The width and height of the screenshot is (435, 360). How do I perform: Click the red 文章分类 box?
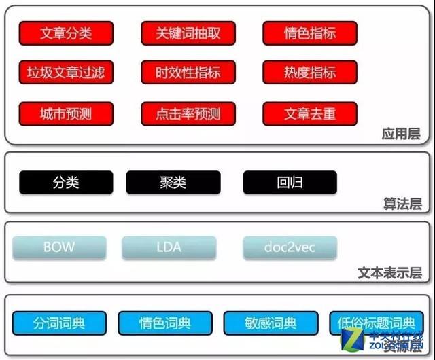(66, 33)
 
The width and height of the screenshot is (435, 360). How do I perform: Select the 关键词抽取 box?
(188, 33)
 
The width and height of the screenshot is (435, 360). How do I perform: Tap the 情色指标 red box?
(310, 33)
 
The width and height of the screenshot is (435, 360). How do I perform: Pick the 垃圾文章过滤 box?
(66, 73)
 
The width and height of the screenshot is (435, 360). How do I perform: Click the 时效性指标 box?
(188, 73)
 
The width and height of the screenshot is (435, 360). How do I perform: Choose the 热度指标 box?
(310, 73)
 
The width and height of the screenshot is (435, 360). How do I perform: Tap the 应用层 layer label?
(401, 134)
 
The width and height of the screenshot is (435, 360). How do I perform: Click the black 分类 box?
(66, 183)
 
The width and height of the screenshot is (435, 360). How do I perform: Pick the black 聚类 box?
(173, 183)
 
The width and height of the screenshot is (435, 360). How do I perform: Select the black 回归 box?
(290, 183)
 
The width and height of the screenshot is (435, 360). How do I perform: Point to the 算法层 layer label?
(401, 203)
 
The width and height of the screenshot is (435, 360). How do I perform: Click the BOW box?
(59, 247)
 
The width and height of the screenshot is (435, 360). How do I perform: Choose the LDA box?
(169, 247)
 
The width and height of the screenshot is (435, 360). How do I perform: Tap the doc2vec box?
(290, 247)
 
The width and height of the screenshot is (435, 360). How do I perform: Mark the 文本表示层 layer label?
(389, 273)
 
